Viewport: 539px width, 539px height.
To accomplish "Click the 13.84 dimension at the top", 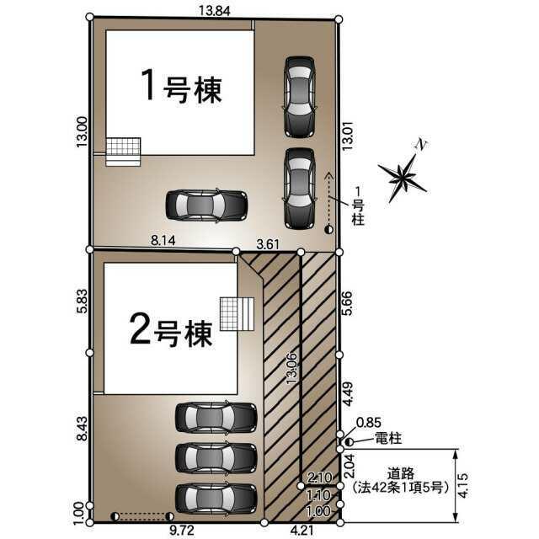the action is (215, 11).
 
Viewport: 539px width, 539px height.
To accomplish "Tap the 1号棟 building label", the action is (182, 86).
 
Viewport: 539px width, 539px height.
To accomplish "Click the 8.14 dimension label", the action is (163, 241).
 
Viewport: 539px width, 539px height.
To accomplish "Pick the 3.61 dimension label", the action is (268, 244).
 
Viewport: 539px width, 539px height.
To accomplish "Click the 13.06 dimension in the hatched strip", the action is (292, 368).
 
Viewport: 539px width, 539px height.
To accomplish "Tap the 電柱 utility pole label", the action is (388, 438).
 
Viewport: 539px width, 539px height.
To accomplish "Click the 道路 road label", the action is (401, 473).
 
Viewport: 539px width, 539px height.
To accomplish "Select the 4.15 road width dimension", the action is (463, 485).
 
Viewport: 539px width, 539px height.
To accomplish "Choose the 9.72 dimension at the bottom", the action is (182, 531).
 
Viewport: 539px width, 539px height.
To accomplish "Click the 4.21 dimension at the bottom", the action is (302, 531).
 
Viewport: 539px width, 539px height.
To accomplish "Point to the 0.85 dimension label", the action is (369, 423).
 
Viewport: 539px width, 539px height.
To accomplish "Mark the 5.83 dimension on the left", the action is (83, 302).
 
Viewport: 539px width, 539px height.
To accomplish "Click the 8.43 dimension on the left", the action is (83, 429).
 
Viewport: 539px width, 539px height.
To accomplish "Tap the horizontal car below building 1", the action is (206, 205).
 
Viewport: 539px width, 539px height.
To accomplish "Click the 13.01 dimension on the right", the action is (348, 136).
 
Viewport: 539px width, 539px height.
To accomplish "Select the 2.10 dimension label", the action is (320, 478).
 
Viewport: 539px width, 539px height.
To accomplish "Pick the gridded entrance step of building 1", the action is (123, 152).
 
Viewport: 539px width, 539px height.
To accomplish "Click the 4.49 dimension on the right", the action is (348, 394).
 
